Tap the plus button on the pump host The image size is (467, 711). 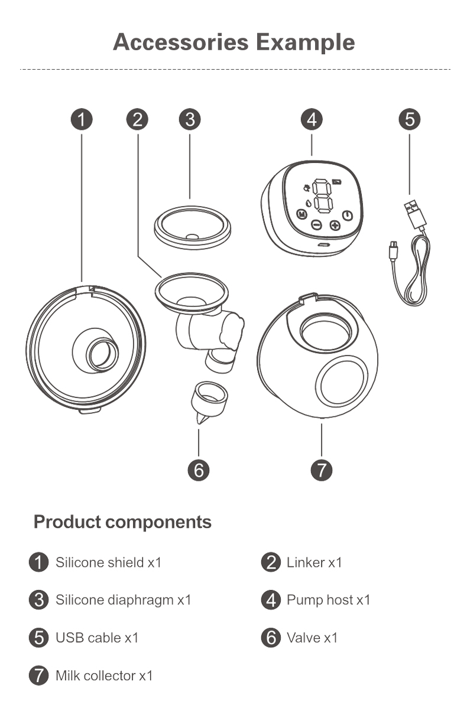click(x=334, y=225)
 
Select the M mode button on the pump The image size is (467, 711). click(x=302, y=214)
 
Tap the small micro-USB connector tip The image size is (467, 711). click(x=394, y=249)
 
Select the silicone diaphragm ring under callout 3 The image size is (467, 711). click(x=192, y=227)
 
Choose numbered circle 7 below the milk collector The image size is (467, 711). click(x=322, y=470)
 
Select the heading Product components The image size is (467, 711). click(x=122, y=522)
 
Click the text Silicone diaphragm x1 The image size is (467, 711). click(x=124, y=600)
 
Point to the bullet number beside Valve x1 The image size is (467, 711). click(x=271, y=638)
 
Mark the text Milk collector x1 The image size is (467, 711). click(x=104, y=676)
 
